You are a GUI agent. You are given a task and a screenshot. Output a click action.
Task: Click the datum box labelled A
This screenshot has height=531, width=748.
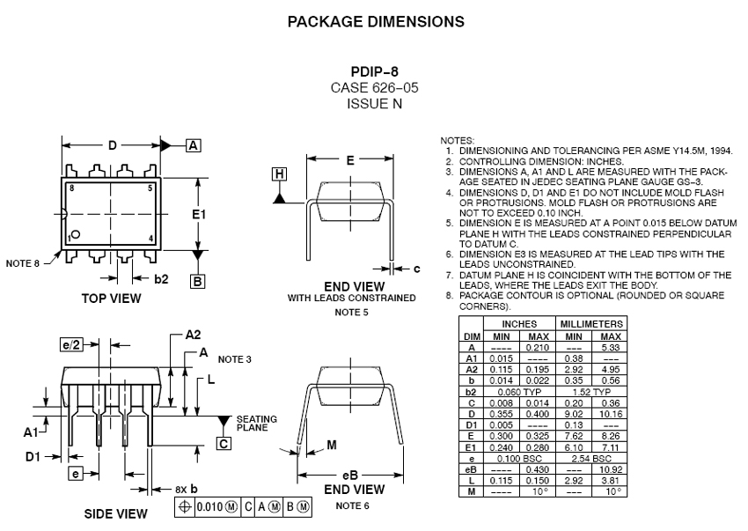coord(194,145)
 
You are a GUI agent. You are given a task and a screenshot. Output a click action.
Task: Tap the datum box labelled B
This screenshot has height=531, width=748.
coord(197,281)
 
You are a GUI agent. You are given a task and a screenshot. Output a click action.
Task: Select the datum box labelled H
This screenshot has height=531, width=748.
coord(280,174)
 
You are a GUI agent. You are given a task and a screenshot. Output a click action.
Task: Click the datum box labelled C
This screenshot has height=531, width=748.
coord(224,444)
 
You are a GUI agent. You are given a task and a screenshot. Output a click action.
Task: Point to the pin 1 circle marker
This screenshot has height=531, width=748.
coord(76,234)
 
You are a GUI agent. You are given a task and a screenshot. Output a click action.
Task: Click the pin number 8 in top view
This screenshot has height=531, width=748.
coord(71,188)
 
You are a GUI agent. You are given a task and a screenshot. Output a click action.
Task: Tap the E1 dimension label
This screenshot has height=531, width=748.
coord(199,214)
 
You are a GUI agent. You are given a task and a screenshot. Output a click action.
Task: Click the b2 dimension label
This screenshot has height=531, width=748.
coord(161,279)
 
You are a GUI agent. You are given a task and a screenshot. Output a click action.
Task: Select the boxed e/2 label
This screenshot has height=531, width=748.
coord(71,344)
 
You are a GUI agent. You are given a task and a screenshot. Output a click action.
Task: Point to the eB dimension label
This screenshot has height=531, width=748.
coord(350,476)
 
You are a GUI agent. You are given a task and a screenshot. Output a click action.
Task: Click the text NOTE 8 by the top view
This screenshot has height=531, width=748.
coord(22,263)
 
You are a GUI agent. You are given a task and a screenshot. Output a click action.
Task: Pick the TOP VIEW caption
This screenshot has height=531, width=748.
coord(111,299)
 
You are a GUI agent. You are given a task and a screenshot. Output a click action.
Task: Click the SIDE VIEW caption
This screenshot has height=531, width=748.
coord(116,513)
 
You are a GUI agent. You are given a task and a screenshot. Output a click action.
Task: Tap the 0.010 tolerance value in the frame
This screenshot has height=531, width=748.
coord(209,506)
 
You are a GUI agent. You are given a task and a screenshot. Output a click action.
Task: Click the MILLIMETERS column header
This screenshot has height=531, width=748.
coord(591,324)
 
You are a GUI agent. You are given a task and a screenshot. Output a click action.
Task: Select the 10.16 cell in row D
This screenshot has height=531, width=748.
coord(611,414)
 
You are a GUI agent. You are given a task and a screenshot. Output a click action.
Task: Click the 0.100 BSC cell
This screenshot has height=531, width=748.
coord(519,459)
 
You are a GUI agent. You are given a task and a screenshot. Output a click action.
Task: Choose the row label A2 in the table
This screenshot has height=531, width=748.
coord(472,370)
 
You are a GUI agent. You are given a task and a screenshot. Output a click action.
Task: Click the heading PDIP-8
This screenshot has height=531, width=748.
coord(375,71)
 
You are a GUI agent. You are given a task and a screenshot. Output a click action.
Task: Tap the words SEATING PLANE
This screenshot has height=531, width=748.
coord(257,423)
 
